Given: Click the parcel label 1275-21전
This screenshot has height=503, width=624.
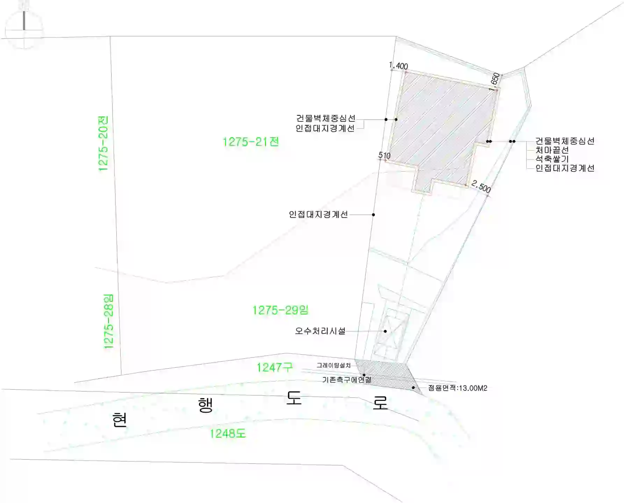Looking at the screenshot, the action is tap(251, 142).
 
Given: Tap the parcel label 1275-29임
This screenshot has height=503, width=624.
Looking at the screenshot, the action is tap(280, 310).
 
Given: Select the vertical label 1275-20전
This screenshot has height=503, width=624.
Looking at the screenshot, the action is tap(103, 143).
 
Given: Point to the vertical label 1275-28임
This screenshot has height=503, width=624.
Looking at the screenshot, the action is tap(109, 321).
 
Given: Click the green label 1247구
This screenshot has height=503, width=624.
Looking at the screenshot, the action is tap(274, 367).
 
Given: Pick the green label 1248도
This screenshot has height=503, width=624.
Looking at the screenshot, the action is tap(228, 434).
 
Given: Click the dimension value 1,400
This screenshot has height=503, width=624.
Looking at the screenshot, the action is tap(399, 66).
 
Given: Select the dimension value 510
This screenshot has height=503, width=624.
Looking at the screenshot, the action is tap(384, 155).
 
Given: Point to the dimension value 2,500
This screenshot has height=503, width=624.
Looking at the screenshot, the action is tap(481, 186).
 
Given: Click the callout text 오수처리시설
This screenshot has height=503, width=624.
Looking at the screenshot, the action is tap(320, 331).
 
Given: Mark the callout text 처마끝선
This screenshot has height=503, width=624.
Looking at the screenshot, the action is tap(552, 150).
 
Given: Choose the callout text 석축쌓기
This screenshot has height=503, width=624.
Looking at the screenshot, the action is tap(552, 159).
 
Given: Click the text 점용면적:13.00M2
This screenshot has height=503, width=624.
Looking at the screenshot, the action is tap(458, 388).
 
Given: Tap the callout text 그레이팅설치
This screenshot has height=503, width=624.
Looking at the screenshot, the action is tap(333, 365).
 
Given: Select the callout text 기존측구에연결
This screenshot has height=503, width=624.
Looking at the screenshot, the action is tap(347, 380).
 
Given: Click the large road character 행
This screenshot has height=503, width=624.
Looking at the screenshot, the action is tap(206, 405).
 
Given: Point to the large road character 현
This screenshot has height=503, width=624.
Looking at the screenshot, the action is tap(120, 419).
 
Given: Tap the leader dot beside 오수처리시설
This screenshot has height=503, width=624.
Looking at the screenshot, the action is tap(385, 331).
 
